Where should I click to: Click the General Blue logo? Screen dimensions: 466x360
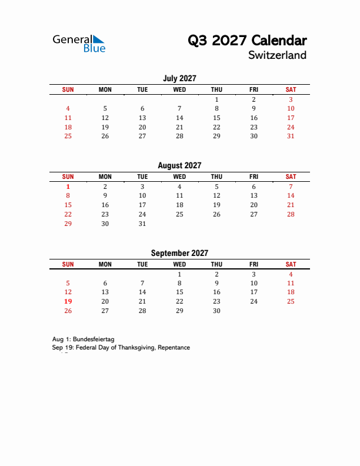point(79,43)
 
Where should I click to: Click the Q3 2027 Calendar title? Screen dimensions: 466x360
point(247,40)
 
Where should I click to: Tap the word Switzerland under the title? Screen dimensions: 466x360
point(277,55)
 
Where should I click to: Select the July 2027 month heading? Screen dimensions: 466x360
point(179,78)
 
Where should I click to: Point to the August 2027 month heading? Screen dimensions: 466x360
point(179,166)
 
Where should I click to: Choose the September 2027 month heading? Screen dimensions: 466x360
point(179,254)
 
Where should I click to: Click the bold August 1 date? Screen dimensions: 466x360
point(68,186)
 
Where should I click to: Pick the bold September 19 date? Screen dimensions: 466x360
point(68,301)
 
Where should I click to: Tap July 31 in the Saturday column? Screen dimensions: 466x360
point(291,136)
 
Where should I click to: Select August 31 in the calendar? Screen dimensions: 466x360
point(142,224)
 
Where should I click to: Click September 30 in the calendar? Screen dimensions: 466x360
point(216,311)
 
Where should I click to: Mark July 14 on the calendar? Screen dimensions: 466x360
point(179,118)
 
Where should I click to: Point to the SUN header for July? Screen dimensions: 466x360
point(68,89)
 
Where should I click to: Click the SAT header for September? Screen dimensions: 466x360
point(291,265)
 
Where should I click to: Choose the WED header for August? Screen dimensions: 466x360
point(179,177)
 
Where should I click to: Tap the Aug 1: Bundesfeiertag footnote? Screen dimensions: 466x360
point(83,339)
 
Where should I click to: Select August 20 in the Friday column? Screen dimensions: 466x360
point(254,205)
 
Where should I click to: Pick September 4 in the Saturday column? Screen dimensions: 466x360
point(291,274)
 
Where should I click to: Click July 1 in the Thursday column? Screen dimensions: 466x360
point(216,99)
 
